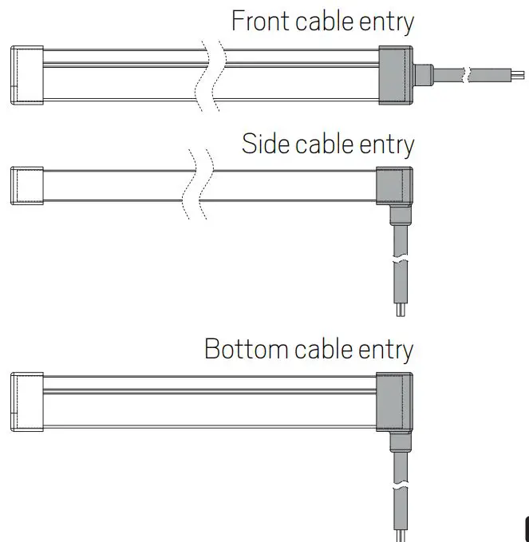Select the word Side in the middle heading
click(x=266, y=144)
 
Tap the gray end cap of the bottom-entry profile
click(x=394, y=400)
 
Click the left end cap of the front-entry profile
click(x=27, y=75)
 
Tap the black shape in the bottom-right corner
click(x=526, y=530)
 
